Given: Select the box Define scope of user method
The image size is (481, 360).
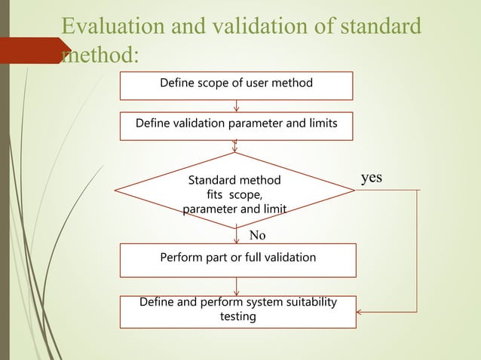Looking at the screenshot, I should tap(236, 86).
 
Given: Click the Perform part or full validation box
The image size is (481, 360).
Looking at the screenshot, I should tap(237, 258).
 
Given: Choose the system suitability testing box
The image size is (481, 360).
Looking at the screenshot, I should tap(237, 310).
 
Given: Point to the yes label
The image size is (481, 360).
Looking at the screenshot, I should tap(372, 178).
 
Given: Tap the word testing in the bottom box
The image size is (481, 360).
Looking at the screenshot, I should tap(237, 317).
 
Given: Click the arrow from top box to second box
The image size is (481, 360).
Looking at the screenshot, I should tap(237, 105).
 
